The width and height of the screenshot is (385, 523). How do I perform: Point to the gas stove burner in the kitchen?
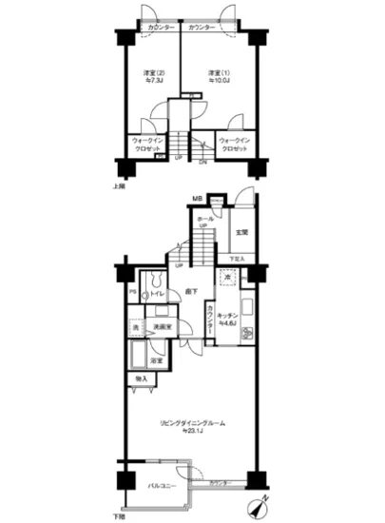pyautogui.click(x=246, y=336)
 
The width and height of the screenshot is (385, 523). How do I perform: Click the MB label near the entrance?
pyautogui.click(x=198, y=199)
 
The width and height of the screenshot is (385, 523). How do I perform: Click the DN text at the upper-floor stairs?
pyautogui.click(x=202, y=161)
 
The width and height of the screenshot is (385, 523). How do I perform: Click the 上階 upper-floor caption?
pyautogui.click(x=121, y=186)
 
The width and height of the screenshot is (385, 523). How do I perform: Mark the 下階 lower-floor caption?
pyautogui.click(x=121, y=514)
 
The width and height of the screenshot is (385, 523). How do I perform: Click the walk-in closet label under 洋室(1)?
pyautogui.click(x=234, y=146)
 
